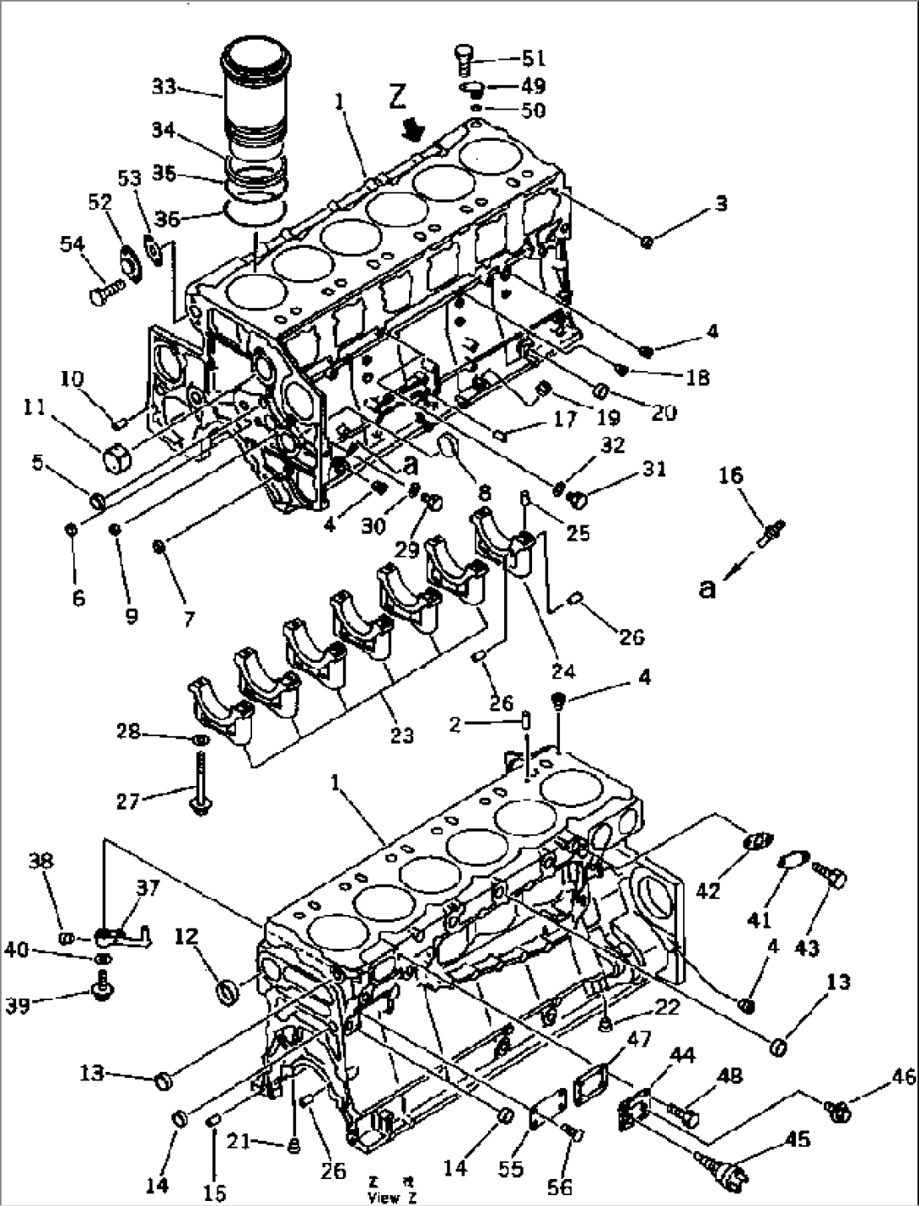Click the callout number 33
(x=164, y=87)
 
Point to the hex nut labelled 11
(x=115, y=460)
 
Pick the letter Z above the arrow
(x=398, y=98)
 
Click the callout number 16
(x=730, y=476)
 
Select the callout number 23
(x=402, y=735)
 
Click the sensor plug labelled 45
(x=721, y=1171)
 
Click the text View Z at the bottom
(x=392, y=1197)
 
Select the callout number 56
(x=559, y=1187)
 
